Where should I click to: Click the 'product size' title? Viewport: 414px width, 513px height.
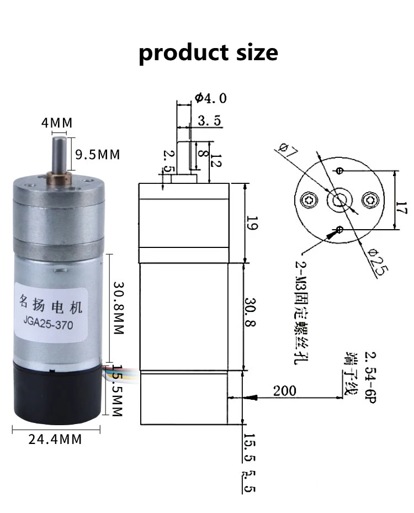208,53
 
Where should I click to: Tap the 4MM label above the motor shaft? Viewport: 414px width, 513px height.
57,123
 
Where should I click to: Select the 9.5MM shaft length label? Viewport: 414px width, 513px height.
98,154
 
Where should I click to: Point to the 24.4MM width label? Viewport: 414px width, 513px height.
55,440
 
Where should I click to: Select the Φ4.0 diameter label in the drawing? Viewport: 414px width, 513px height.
210,99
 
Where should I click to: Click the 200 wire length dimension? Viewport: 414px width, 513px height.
285,391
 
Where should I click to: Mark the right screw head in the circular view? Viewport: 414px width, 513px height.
369,198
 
